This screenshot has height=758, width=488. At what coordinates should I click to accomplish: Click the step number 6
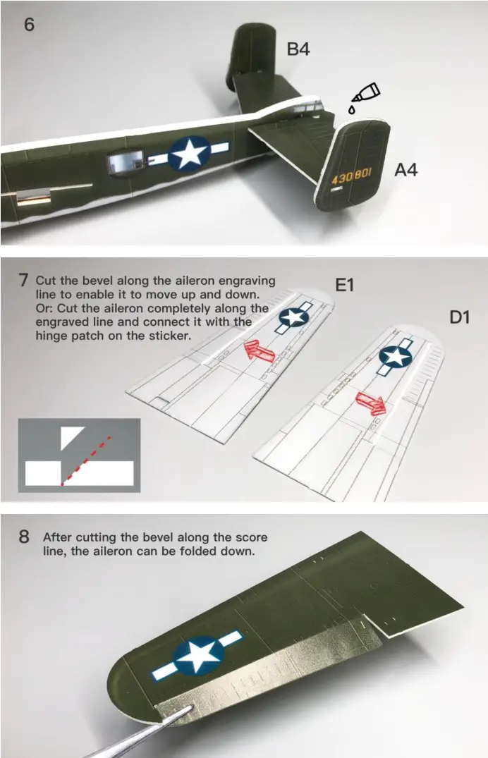[x=29, y=24]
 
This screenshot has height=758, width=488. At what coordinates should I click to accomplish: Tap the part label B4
[x=298, y=49]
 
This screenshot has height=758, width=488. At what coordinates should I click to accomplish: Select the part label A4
[x=405, y=170]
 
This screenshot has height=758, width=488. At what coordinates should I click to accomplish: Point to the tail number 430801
[x=350, y=177]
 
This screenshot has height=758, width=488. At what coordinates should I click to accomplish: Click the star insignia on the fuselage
[x=188, y=153]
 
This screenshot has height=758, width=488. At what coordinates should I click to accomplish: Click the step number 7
[x=24, y=280]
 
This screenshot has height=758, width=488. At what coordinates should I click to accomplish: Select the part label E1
[x=344, y=285]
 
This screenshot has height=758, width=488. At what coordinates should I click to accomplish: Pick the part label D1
[x=460, y=317]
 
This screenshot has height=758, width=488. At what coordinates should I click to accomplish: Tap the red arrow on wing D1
[x=370, y=403]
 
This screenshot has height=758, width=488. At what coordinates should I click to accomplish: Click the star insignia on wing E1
[x=293, y=317]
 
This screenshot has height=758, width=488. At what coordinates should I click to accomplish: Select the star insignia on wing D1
[x=396, y=357]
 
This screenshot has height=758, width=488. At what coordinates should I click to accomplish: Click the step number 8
[x=24, y=537]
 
